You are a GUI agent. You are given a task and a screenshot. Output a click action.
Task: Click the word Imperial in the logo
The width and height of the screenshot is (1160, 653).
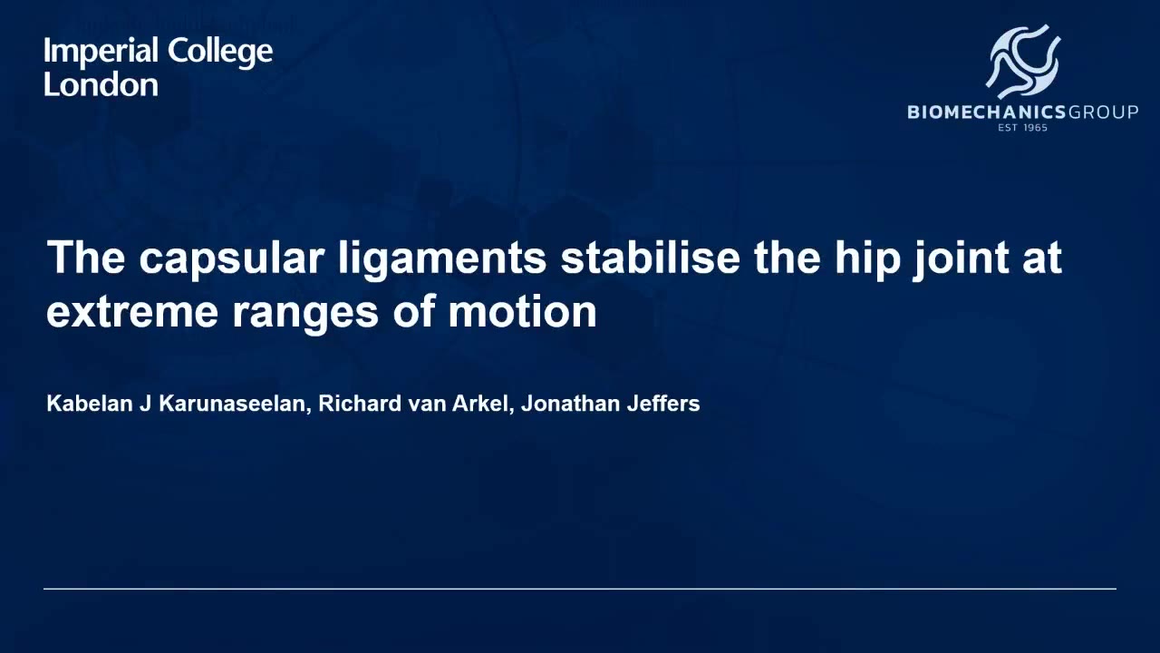click(x=101, y=53)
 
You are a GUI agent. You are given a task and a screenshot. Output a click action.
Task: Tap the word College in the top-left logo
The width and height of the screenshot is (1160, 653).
click(x=220, y=53)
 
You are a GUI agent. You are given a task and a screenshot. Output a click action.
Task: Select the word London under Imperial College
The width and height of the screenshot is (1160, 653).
click(x=101, y=84)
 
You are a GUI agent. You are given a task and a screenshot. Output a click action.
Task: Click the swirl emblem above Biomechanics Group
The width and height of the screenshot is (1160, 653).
click(x=1023, y=62)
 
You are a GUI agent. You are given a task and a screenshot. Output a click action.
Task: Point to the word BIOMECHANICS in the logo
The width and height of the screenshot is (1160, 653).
click(x=987, y=112)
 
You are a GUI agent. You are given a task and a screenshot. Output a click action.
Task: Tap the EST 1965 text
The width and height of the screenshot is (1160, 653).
click(x=1023, y=128)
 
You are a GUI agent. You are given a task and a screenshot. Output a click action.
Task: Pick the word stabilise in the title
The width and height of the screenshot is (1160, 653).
click(x=651, y=257)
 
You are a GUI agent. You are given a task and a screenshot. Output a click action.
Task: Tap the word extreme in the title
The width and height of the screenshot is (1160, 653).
click(x=132, y=312)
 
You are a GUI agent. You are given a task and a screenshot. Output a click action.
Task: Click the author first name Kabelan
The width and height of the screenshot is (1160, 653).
click(x=90, y=404)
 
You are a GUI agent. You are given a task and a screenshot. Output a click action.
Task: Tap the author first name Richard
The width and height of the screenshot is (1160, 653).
click(x=360, y=404)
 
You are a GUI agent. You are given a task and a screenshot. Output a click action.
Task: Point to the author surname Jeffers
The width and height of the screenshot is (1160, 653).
click(x=663, y=404)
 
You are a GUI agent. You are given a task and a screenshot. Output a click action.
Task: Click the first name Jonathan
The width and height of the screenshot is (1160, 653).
click(x=571, y=404)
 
